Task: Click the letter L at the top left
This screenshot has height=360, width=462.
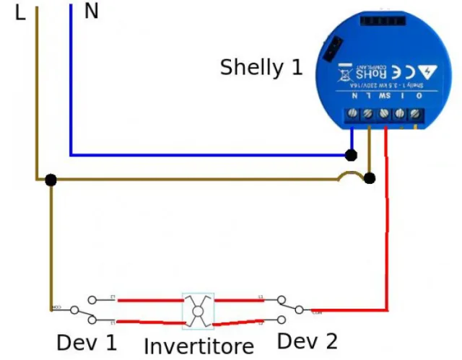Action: [x=19, y=12]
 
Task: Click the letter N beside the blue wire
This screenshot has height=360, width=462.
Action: [x=92, y=12]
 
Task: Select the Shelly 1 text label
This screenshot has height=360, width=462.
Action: [x=261, y=68]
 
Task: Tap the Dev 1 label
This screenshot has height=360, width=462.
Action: [x=87, y=342]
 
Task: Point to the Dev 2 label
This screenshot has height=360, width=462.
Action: [x=307, y=341]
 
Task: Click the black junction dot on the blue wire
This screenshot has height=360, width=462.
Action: [x=352, y=155]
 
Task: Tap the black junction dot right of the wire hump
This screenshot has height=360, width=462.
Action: [x=370, y=178]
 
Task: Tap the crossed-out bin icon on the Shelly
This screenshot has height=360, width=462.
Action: [x=344, y=74]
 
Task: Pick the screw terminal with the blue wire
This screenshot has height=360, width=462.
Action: [x=353, y=114]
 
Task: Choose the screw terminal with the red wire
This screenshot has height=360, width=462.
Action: [x=385, y=114]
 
